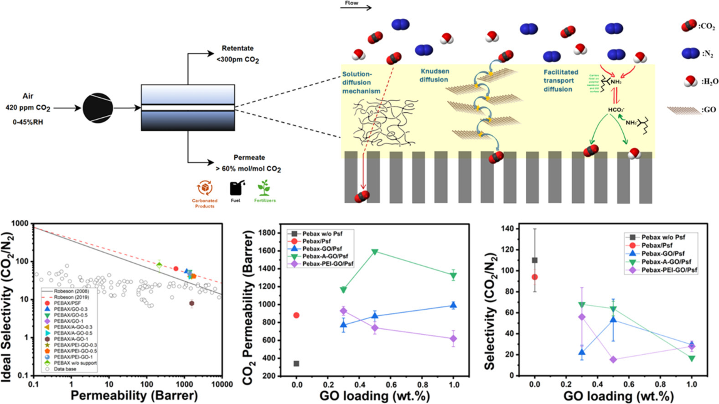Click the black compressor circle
click(x=98, y=108)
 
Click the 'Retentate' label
click(x=237, y=48)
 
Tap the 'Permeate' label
click(x=249, y=157)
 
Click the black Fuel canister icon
click(x=236, y=188)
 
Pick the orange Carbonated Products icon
click(x=205, y=188)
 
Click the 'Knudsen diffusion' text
click(x=434, y=75)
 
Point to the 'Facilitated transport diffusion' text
click(x=560, y=80)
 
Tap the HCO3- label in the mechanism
click(x=616, y=110)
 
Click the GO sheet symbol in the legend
click(x=683, y=110)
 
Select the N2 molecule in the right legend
click(x=690, y=53)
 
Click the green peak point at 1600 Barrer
click(x=375, y=252)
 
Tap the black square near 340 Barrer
click(x=296, y=363)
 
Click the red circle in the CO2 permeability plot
click(x=296, y=315)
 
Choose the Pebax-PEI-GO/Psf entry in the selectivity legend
click(x=668, y=270)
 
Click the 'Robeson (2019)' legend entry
click(x=71, y=297)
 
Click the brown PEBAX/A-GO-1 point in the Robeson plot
click(x=191, y=303)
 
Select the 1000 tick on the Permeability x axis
click(x=184, y=384)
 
